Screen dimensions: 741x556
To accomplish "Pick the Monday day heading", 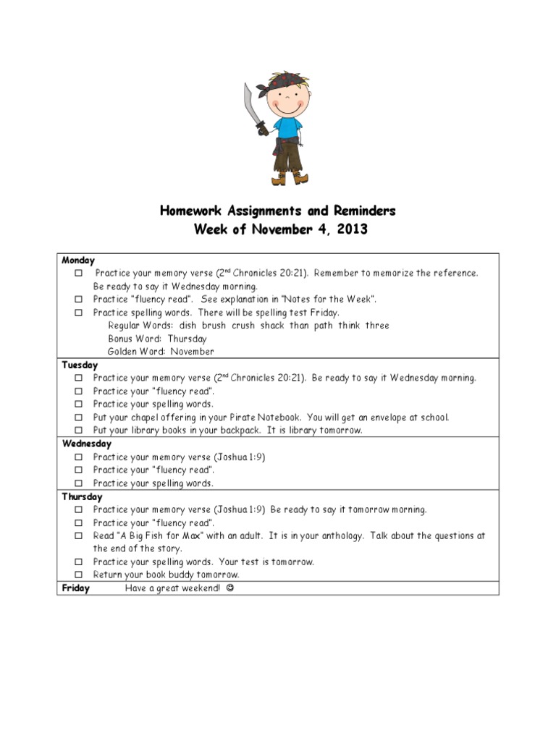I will pyautogui.click(x=78, y=261).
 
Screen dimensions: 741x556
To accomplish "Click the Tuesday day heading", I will pyautogui.click(x=80, y=365).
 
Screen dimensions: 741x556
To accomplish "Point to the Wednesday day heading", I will pyautogui.click(x=86, y=444).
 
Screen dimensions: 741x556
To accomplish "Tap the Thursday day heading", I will pyautogui.click(x=82, y=497).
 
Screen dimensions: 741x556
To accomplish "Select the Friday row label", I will pyautogui.click(x=76, y=588).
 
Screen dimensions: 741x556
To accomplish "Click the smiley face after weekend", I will pyautogui.click(x=230, y=588).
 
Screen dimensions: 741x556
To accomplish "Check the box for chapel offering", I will pyautogui.click(x=77, y=418).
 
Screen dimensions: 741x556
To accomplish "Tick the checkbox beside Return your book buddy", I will pyautogui.click(x=77, y=575).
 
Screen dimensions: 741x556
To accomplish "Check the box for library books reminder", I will pyautogui.click(x=77, y=431).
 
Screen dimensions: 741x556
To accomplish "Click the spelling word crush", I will pyautogui.click(x=243, y=326).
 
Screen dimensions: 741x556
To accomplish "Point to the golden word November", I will pyautogui.click(x=192, y=352).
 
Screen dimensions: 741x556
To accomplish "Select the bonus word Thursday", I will pyautogui.click(x=187, y=339).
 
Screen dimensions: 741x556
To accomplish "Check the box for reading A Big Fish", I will pyautogui.click(x=77, y=536).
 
